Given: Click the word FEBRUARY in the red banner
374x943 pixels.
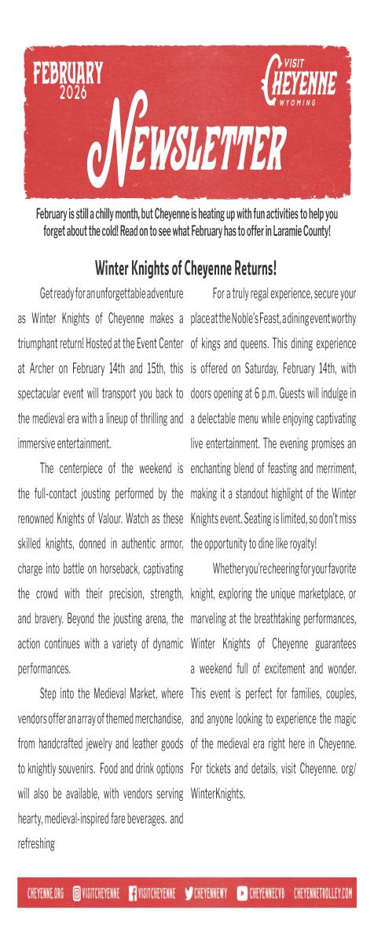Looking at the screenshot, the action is tap(68, 75).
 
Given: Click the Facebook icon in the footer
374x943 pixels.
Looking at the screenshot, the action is tap(133, 893).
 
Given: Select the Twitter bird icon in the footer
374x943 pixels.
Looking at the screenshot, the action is tap(188, 893).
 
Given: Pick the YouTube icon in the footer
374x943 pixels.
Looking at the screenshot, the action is tap(242, 893).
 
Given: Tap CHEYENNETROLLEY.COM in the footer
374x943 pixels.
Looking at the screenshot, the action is tap(323, 893).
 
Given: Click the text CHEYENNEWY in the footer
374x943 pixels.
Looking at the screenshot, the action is tap(212, 893).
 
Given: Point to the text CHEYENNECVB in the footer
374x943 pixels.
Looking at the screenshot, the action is tap(268, 893).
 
